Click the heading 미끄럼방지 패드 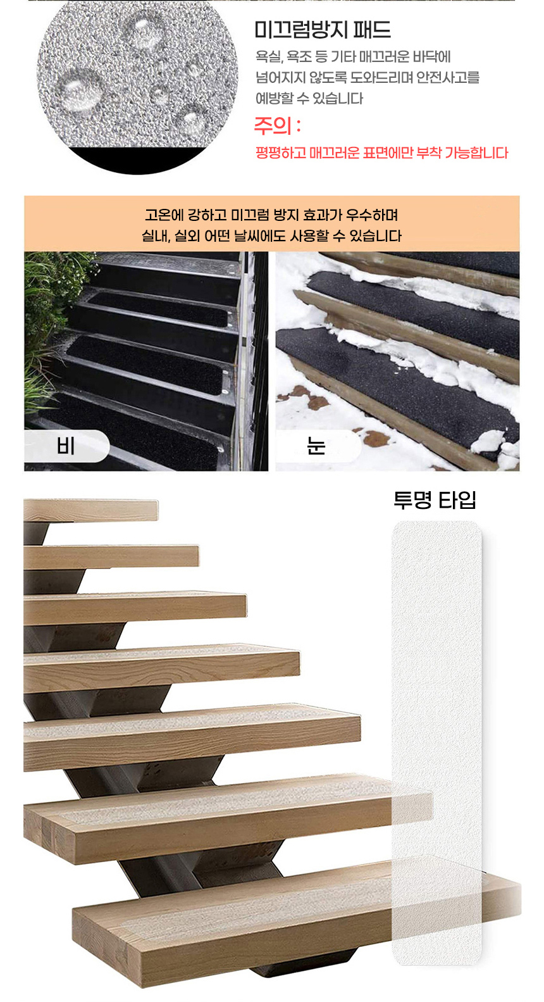[322, 30]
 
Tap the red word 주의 [273, 126]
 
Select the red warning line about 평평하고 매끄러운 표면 [381, 153]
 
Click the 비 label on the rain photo [66, 446]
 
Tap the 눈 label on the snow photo [316, 446]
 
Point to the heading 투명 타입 [435, 500]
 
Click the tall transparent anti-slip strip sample [436, 742]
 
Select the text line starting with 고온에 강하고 [271, 215]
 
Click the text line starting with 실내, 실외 [271, 235]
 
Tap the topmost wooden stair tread [90, 510]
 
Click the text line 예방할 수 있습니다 [309, 98]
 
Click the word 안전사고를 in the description [448, 77]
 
